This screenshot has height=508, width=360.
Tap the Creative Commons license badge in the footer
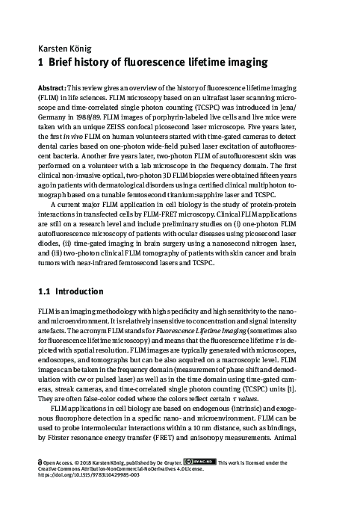203,462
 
